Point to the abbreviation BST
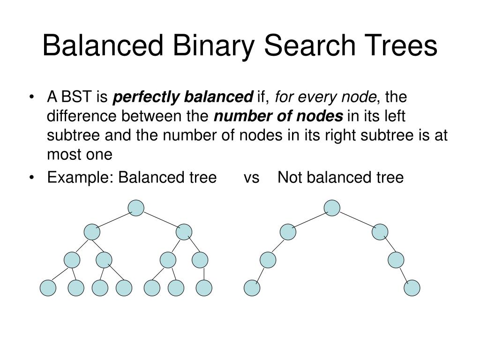[x=78, y=97]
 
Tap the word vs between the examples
[x=252, y=178]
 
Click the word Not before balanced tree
[x=290, y=178]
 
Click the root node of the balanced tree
[x=136, y=208]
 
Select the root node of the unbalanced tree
[x=332, y=208]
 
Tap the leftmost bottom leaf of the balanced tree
[x=48, y=288]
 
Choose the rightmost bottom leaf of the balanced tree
[x=204, y=288]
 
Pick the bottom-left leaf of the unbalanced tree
[x=252, y=288]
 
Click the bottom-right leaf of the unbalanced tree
[x=412, y=288]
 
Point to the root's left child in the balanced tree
[x=92, y=231]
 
